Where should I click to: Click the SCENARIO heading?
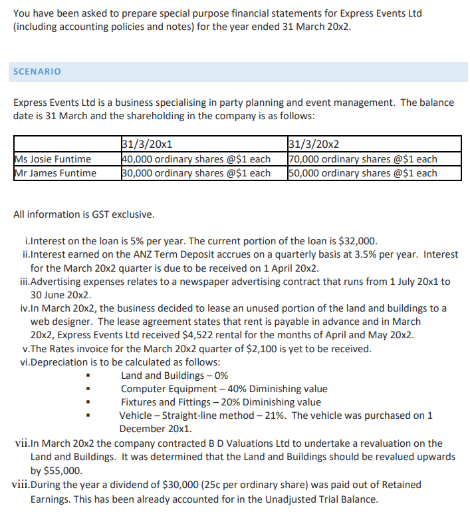click(x=37, y=72)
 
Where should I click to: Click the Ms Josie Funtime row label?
click(x=53, y=159)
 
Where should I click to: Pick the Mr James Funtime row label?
click(x=55, y=173)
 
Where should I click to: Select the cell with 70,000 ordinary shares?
click(x=363, y=159)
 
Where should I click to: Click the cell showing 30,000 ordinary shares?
click(x=197, y=173)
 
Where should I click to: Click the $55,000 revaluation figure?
click(x=55, y=470)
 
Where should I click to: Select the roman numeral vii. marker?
click(x=21, y=443)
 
